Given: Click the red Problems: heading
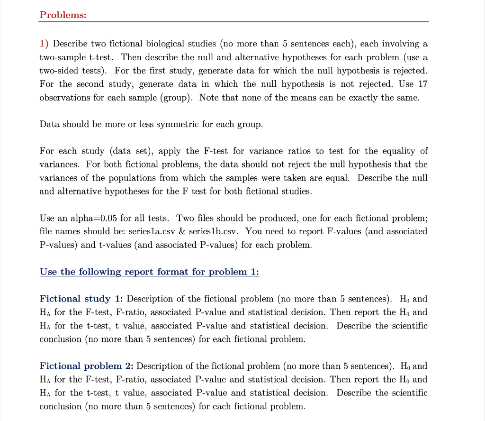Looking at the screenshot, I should pos(63,15).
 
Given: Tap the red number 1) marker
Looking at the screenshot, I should pos(44,44).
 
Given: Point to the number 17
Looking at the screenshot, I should pos(422,84).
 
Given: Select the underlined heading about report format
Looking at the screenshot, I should pos(149,272).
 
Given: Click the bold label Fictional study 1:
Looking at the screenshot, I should pos(81,299).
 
